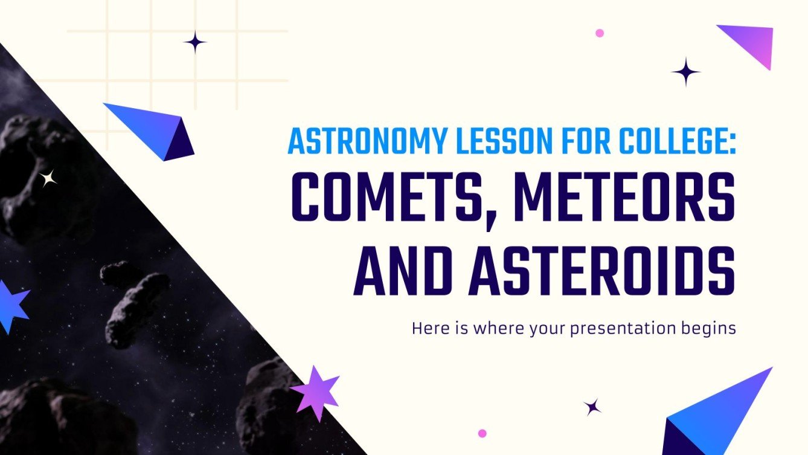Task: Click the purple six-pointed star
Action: (316, 392)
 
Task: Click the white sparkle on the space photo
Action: (48, 178)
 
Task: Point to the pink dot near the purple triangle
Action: (600, 33)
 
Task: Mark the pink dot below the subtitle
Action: (482, 433)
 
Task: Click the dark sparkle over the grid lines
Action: (195, 42)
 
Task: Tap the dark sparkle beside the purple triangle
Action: (686, 73)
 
